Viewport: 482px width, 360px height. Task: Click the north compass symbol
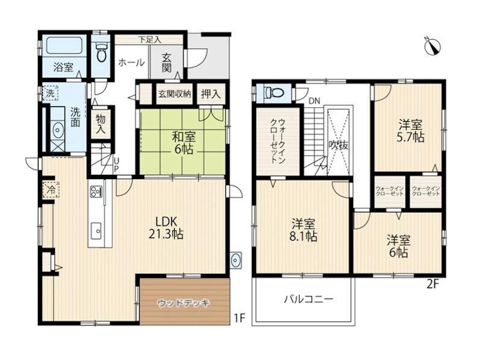pyautogui.click(x=432, y=46)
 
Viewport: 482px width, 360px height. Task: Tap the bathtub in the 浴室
pyautogui.click(x=64, y=46)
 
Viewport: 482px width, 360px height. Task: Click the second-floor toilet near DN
pyautogui.click(x=275, y=92)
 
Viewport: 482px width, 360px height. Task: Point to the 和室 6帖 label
pyautogui.click(x=184, y=142)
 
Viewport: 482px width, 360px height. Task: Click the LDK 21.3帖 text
pyautogui.click(x=166, y=228)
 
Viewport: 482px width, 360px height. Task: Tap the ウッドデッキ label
pyautogui.click(x=184, y=303)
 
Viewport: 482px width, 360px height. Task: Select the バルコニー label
pyautogui.click(x=308, y=299)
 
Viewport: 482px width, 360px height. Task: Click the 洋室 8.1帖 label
pyautogui.click(x=303, y=230)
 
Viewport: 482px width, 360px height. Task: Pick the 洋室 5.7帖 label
pyautogui.click(x=410, y=130)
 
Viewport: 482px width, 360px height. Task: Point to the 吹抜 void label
pyautogui.click(x=339, y=145)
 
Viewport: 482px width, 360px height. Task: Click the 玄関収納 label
pyautogui.click(x=174, y=94)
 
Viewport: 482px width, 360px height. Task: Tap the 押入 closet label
pyautogui.click(x=210, y=94)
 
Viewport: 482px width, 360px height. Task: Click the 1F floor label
pyautogui.click(x=239, y=318)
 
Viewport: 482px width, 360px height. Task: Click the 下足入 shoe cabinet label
pyautogui.click(x=149, y=39)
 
